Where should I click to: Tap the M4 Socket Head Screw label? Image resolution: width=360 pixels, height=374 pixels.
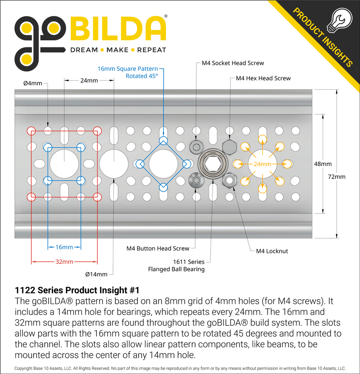coord(233,63)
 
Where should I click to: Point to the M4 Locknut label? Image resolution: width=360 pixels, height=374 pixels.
coord(272,251)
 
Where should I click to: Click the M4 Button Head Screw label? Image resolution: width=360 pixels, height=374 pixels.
coord(158,249)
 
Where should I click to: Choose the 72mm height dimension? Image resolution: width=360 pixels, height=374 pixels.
coord(337,177)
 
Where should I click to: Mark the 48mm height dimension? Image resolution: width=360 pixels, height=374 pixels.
coord(323,164)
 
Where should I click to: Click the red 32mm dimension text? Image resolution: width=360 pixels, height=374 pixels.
coord(64,262)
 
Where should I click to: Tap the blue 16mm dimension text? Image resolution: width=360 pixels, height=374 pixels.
coord(64,247)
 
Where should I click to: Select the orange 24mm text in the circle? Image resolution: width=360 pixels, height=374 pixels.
coord(262,164)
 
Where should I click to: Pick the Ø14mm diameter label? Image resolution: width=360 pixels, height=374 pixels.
coord(96,274)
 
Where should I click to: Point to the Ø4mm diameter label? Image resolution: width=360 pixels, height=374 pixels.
coord(32,83)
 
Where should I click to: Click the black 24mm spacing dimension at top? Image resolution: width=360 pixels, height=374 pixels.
coord(89,80)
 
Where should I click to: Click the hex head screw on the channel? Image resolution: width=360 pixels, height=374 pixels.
coord(230,147)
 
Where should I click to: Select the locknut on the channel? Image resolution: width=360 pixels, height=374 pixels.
coord(230,181)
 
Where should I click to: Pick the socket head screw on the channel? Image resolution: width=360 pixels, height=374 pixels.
coord(195,147)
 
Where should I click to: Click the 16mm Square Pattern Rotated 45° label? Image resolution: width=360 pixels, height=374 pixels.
coord(128,72)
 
